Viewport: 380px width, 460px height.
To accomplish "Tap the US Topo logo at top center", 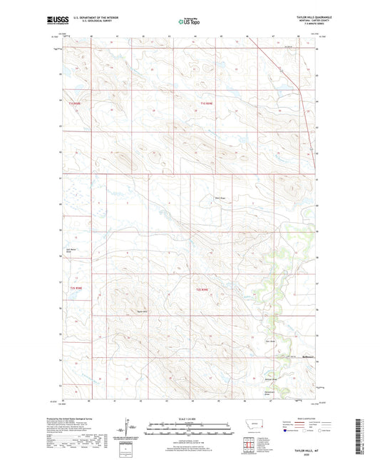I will click(x=189, y=21).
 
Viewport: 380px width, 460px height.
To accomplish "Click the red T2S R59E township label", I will click(x=202, y=289).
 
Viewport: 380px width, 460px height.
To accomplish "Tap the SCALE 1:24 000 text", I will click(x=189, y=419).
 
